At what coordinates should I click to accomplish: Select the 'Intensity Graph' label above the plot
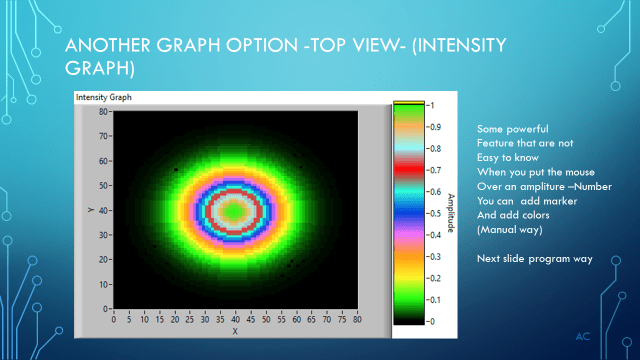click(104, 98)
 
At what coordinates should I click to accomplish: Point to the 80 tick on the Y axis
click(103, 111)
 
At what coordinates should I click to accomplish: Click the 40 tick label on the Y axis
click(103, 210)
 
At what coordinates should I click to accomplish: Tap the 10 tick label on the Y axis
click(103, 284)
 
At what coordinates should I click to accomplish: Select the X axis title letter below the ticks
click(235, 331)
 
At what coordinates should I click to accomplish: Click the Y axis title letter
click(89, 210)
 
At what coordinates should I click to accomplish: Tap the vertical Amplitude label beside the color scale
click(451, 213)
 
